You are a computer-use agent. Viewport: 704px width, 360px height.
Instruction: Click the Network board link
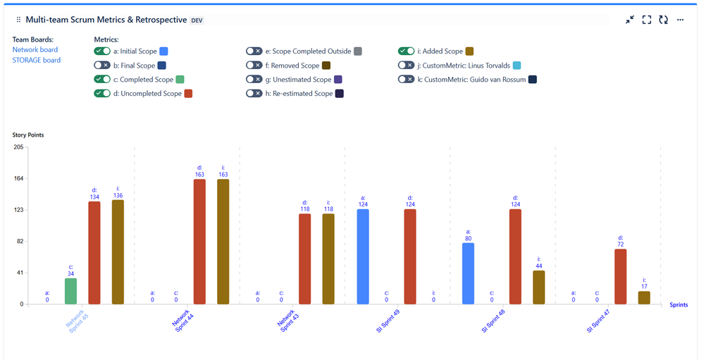35,50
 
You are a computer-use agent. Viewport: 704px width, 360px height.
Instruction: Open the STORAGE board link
37,60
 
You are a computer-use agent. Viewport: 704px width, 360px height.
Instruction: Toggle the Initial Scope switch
102,51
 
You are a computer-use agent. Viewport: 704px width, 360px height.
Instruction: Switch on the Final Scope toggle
102,66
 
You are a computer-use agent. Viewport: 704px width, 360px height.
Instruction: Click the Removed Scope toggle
254,66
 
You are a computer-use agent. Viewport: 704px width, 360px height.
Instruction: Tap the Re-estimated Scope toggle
254,94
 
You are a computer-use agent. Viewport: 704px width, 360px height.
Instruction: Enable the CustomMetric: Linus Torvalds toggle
407,66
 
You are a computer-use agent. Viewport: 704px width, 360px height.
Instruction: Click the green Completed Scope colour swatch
180,80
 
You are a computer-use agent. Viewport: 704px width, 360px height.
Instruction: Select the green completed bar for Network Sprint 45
71,291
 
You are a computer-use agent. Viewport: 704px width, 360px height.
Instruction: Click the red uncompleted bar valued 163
199,242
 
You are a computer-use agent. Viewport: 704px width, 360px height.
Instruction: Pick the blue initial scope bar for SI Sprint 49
363,256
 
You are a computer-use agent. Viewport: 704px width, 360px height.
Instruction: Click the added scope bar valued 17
644,297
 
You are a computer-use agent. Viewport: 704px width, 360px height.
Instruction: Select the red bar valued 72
621,276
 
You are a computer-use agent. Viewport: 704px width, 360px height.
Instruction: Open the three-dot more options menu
680,20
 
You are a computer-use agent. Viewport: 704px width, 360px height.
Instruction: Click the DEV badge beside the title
197,20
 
